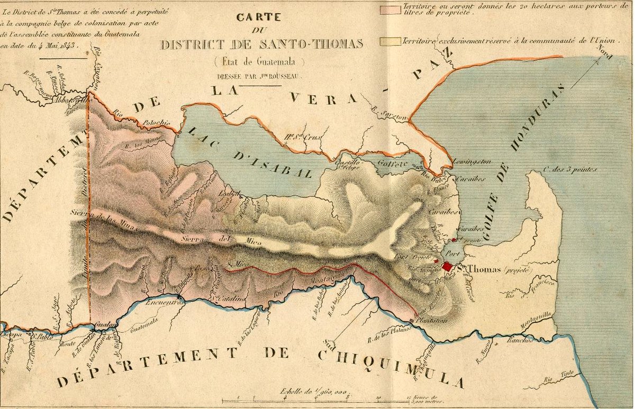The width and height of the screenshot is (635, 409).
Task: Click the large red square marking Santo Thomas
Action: pos(448,266)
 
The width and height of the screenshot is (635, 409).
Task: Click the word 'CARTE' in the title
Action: pos(251,17)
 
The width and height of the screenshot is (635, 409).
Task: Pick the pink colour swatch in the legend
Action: pos(390,9)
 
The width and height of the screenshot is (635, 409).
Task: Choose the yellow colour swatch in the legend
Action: pos(390,40)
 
